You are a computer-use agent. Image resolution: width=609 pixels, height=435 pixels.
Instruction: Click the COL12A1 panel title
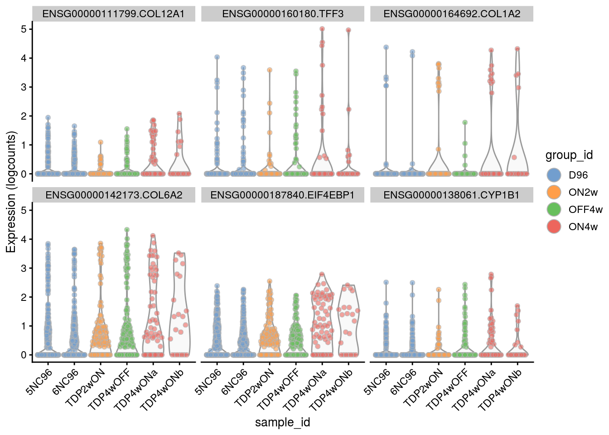tap(113, 14)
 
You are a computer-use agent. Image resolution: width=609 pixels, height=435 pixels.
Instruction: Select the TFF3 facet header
tap(283, 14)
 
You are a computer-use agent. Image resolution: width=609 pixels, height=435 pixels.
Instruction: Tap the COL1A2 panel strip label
tap(452, 14)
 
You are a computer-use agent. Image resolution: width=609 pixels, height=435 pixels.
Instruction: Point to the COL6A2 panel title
tap(113, 195)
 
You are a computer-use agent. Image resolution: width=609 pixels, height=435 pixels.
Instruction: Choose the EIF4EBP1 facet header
tap(283, 195)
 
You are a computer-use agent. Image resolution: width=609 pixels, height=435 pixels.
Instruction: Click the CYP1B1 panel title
tap(452, 195)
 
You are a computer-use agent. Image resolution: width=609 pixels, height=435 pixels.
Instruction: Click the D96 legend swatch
tap(554, 175)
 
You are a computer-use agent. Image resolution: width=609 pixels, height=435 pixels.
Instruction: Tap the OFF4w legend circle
tap(554, 209)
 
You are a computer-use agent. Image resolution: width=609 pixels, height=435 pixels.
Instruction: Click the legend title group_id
tap(569, 155)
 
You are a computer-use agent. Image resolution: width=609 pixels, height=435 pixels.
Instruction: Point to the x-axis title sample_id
tap(282, 422)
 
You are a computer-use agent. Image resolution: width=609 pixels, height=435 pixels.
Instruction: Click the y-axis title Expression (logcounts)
tap(11, 192)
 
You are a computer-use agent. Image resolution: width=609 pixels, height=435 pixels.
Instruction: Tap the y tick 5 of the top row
tap(24, 29)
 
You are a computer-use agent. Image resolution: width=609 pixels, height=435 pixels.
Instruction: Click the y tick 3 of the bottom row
tap(24, 268)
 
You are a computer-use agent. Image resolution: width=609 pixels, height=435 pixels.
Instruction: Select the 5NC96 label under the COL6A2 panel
tap(40, 382)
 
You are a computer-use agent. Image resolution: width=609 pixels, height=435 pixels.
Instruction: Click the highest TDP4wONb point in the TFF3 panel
tap(348, 30)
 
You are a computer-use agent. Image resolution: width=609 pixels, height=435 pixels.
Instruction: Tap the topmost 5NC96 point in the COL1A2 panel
tap(386, 47)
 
